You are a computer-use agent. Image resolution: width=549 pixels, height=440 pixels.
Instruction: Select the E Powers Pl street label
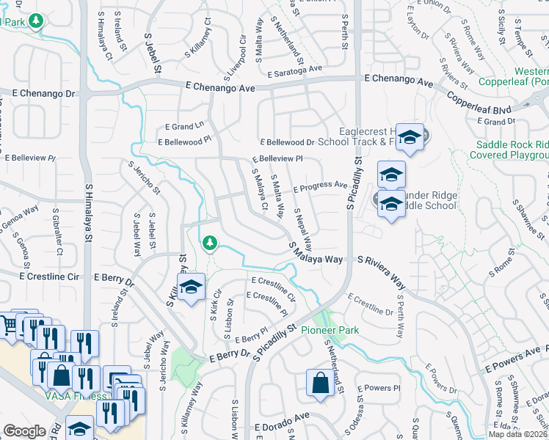tap(379, 388)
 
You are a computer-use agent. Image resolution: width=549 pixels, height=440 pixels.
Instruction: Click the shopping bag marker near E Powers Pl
tap(320, 383)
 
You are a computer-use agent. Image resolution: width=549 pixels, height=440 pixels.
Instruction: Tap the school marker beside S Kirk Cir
tap(191, 287)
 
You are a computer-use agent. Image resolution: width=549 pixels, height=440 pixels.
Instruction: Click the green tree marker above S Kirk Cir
tap(209, 242)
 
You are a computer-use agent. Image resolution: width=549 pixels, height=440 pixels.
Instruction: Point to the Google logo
tap(24, 431)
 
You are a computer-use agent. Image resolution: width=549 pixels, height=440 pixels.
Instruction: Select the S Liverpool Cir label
tap(242, 51)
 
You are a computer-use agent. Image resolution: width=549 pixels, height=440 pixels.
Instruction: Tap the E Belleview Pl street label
tap(277, 158)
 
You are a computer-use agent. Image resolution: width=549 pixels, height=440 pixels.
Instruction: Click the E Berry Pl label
tap(252, 335)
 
